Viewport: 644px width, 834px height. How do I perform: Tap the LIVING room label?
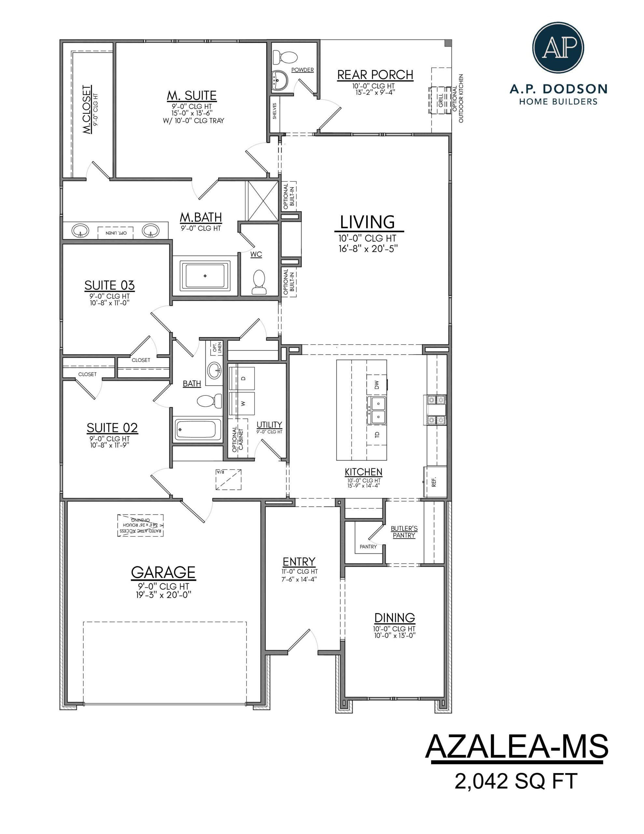coord(367,222)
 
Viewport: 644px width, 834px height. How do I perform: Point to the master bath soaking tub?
coord(205,275)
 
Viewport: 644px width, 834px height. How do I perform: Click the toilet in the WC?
coord(259,282)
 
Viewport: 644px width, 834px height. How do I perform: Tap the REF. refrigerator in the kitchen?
coord(434,482)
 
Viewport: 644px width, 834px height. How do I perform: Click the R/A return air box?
coord(228,479)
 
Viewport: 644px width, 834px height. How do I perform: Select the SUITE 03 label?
coord(110,286)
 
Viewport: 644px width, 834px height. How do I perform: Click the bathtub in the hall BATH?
coord(198,430)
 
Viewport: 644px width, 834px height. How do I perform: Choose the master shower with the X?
coord(263,200)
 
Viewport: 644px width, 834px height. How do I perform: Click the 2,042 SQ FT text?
coord(516,781)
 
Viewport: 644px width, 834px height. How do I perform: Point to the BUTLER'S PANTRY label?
coord(404,532)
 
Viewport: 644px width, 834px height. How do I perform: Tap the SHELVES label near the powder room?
coord(274,111)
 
